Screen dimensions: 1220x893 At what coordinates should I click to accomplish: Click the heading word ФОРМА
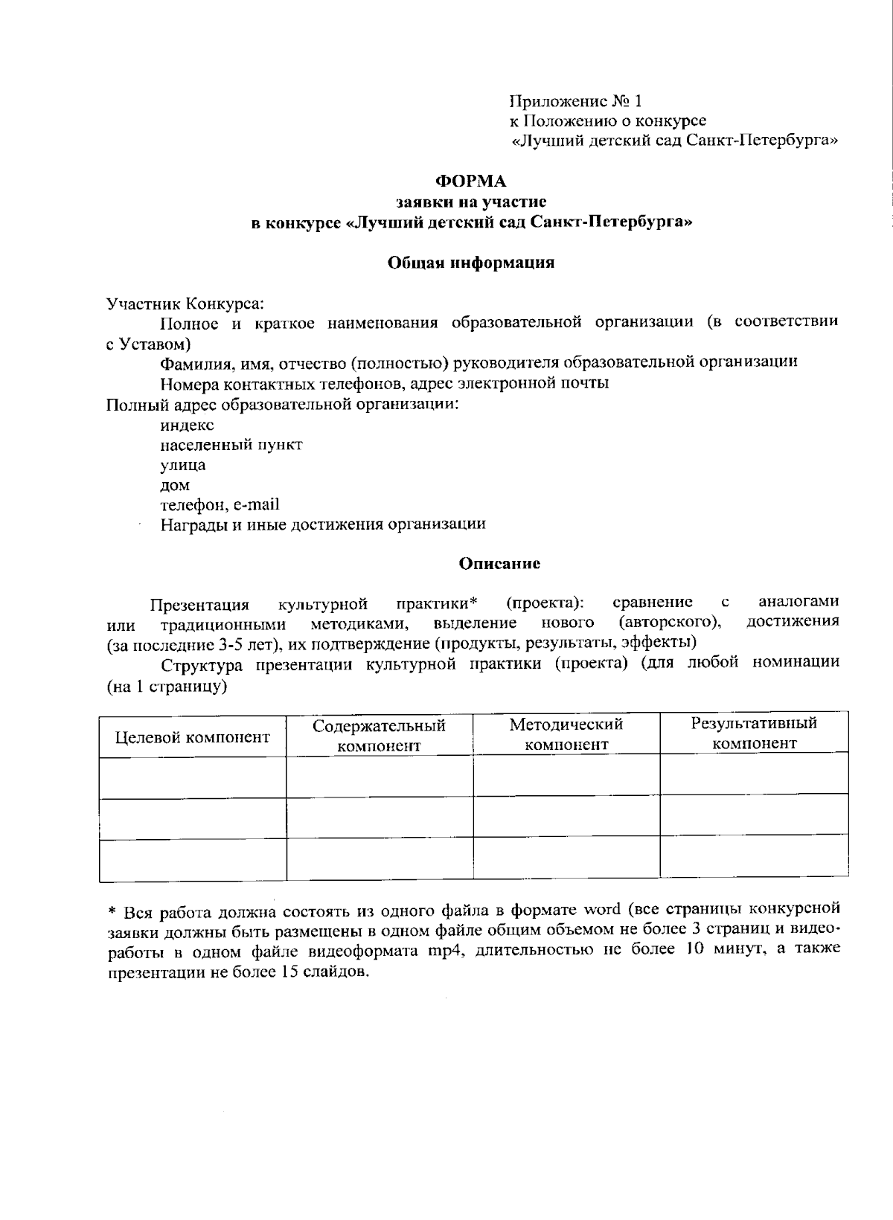[470, 182]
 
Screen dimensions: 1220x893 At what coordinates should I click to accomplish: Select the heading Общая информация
[471, 263]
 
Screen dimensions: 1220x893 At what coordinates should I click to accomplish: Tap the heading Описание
[499, 563]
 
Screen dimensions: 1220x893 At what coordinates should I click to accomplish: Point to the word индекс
[187, 425]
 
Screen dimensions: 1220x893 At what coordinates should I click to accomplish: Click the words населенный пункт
[231, 445]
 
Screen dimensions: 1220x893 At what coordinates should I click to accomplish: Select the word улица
[182, 465]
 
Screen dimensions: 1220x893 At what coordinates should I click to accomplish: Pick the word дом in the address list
[175, 485]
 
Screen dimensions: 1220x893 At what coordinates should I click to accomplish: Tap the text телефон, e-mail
[220, 504]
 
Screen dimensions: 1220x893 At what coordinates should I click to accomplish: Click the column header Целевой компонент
[192, 737]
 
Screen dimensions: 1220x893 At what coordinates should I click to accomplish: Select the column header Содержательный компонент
[379, 735]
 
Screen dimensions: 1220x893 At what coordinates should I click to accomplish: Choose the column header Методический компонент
[566, 734]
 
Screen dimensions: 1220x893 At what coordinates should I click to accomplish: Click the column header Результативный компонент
[754, 733]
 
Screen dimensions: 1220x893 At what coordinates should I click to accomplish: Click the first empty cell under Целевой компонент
[192, 778]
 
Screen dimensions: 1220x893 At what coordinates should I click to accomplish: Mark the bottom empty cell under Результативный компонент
[754, 857]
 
